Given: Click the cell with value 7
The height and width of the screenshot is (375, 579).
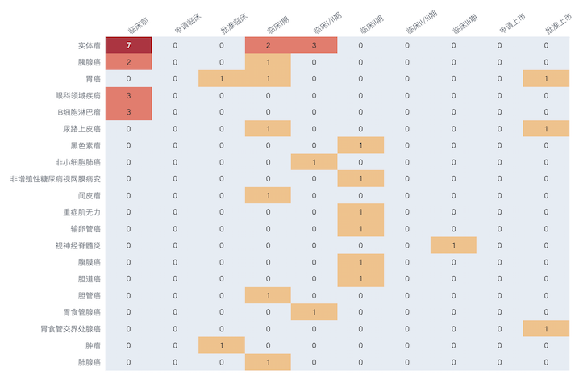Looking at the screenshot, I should [x=128, y=45].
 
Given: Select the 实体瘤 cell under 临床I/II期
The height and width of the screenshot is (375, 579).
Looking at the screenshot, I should [x=314, y=45].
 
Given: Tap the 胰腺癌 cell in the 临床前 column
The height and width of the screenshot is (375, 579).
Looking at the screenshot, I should [x=128, y=62].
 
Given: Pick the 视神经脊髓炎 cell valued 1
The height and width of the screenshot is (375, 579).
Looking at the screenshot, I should [x=453, y=245].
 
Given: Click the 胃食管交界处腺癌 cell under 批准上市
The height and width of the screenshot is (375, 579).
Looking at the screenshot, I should [x=546, y=329].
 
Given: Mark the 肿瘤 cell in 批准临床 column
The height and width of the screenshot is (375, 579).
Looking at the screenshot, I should [x=221, y=345].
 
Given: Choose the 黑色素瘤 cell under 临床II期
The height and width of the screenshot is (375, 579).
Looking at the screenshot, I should [x=360, y=145].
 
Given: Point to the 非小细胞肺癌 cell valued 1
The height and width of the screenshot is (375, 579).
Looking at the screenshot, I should [x=314, y=162].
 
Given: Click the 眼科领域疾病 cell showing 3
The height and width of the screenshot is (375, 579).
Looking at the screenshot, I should [x=128, y=95].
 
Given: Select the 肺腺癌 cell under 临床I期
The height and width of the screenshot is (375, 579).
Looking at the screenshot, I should [x=268, y=362].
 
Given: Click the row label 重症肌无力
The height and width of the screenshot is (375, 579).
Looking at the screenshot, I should [x=81, y=212].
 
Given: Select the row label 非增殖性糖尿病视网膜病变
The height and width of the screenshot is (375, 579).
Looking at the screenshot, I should [x=56, y=179].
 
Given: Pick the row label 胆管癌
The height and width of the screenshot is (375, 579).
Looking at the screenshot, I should [x=89, y=295].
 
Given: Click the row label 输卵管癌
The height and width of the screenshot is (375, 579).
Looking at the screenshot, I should [x=85, y=229].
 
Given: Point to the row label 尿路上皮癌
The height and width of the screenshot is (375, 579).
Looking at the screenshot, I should [x=81, y=129].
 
